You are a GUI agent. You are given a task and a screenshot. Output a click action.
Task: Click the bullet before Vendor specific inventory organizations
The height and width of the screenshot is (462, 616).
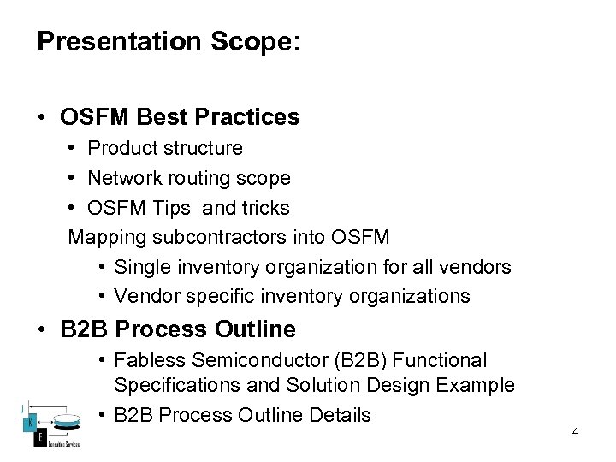101,296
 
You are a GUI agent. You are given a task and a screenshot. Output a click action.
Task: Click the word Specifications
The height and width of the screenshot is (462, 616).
177,386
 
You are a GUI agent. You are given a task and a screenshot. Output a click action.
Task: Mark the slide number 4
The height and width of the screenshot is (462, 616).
575,432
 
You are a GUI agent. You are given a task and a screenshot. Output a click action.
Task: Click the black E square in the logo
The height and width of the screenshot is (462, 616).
39,437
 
